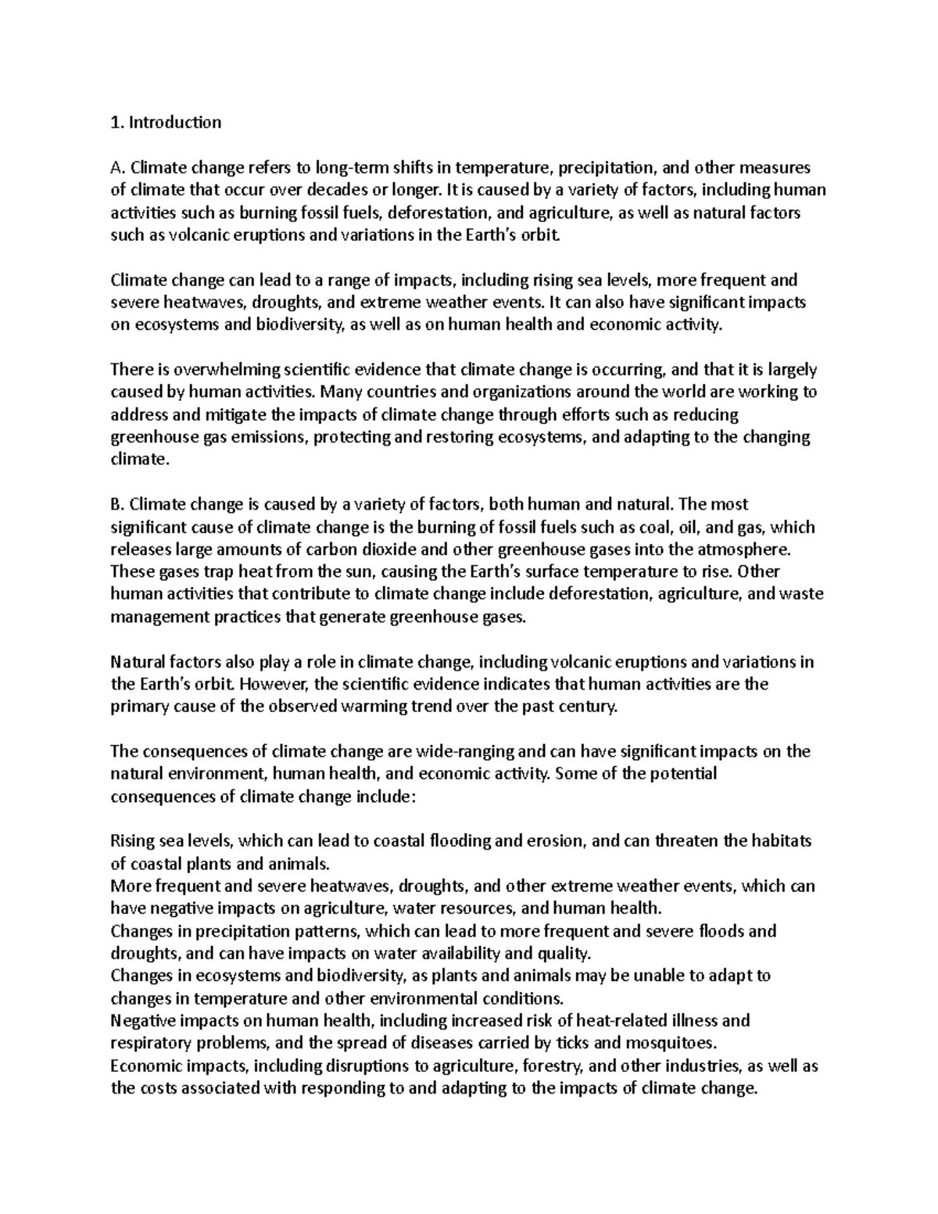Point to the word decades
coord(331,190)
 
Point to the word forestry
coord(550,1065)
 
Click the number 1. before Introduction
coord(117,122)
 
